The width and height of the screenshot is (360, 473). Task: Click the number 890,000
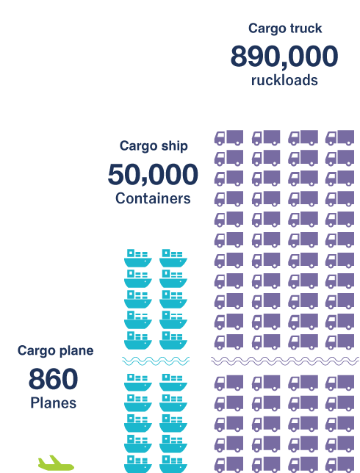point(284,57)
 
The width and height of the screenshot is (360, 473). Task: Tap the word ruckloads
point(284,80)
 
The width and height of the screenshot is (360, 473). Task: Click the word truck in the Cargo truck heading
point(306,29)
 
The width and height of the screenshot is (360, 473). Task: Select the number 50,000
point(153,174)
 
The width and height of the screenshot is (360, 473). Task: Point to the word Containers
point(153,198)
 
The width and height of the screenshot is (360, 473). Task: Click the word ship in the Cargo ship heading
point(174,146)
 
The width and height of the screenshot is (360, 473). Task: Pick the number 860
point(54,378)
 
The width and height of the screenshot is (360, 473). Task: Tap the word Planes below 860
point(54,403)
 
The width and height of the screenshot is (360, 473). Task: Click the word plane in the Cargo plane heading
point(76,351)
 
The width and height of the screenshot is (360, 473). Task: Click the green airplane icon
point(56,463)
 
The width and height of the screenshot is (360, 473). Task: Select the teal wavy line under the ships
point(156,361)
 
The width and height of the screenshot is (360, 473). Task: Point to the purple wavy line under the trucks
point(285,361)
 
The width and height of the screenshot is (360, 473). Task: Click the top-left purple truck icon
point(228,137)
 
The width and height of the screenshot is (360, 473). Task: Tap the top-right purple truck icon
point(339,137)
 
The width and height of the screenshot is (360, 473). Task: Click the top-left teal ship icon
point(138,259)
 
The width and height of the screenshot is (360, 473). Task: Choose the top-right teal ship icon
point(173,259)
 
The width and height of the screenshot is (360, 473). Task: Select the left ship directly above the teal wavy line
point(138,340)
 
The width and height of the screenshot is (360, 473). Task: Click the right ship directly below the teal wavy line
point(173,383)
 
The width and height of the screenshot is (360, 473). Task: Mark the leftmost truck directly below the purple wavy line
point(228,383)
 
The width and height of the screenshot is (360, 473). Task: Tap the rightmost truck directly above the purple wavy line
point(339,342)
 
